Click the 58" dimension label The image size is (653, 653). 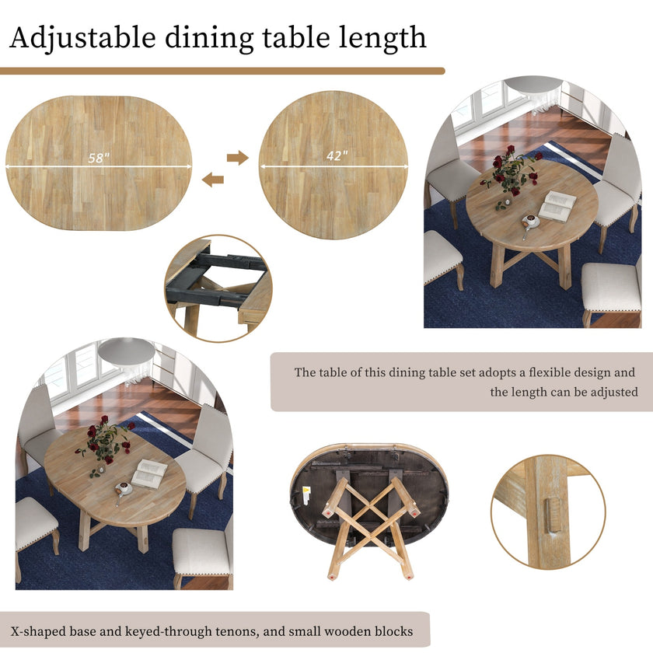[99, 158]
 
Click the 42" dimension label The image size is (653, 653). [337, 155]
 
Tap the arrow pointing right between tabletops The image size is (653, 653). [237, 158]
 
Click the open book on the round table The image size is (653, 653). [557, 205]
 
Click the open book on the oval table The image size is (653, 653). [149, 473]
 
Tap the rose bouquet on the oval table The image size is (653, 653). [105, 442]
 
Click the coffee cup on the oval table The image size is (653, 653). [123, 488]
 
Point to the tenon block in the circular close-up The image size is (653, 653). [552, 515]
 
